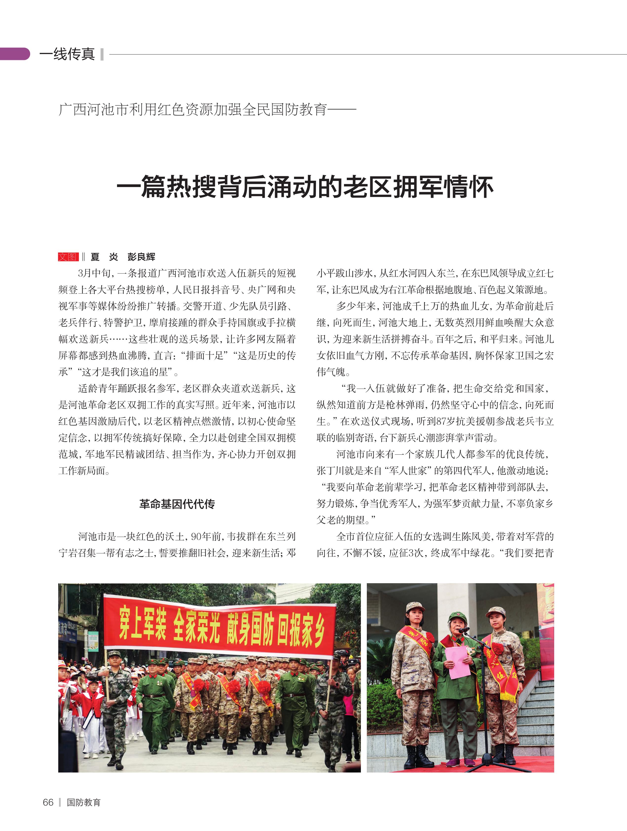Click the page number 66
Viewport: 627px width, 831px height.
point(48,802)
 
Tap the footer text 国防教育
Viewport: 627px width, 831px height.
point(83,802)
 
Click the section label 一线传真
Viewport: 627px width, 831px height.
point(67,54)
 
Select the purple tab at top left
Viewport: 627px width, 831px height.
point(14,54)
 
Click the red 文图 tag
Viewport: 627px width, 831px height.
point(68,257)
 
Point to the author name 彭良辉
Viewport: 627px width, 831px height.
point(141,257)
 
